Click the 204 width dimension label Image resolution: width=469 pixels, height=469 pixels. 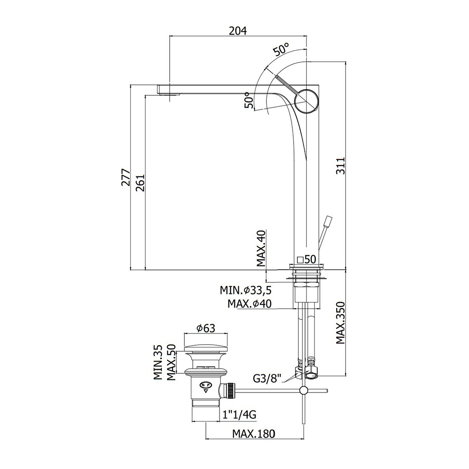(238, 31)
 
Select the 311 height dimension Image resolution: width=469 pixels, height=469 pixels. (340, 166)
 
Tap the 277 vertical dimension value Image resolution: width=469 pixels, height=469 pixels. (126, 177)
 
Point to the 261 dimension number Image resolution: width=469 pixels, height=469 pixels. (140, 183)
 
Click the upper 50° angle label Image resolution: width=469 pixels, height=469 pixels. (282, 49)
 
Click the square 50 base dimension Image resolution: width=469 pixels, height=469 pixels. (307, 259)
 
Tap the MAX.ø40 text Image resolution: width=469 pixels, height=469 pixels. (250, 304)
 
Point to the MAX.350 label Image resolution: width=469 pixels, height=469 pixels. (340, 323)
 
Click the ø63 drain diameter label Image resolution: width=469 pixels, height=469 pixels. (206, 328)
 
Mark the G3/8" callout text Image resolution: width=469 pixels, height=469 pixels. (267, 378)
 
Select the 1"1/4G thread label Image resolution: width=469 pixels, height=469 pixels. (239, 415)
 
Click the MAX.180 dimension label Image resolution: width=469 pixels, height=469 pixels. (253, 433)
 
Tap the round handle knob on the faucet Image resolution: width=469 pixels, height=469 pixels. (307, 101)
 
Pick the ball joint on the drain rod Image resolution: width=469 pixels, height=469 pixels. (303, 390)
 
